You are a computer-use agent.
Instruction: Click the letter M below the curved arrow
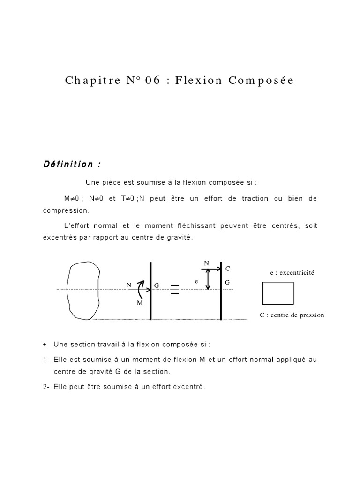tap(139, 303)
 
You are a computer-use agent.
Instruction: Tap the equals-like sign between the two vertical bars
tap(174, 290)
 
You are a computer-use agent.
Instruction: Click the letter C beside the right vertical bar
tap(228, 269)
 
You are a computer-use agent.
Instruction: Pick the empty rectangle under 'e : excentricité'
tap(278, 293)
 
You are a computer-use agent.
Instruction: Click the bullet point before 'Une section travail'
tap(44, 345)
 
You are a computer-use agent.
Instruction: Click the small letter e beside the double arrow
tap(197, 282)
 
